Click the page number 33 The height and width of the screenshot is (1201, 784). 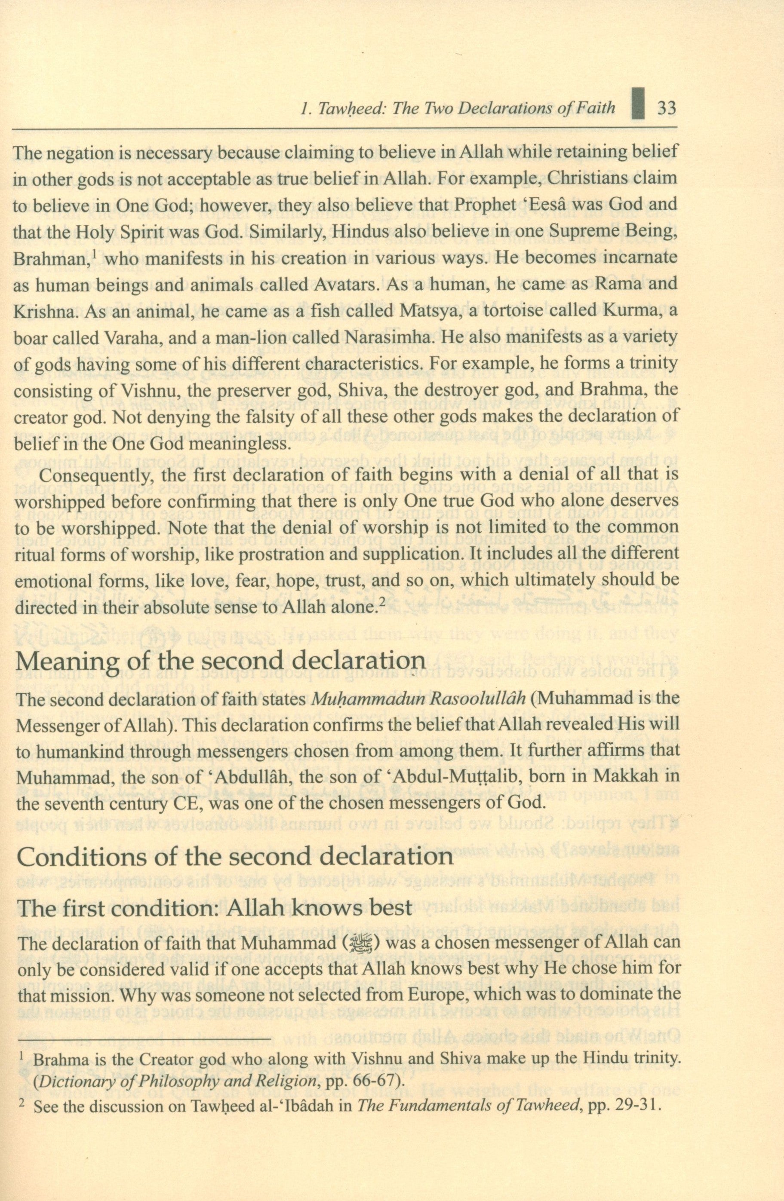(x=666, y=108)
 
